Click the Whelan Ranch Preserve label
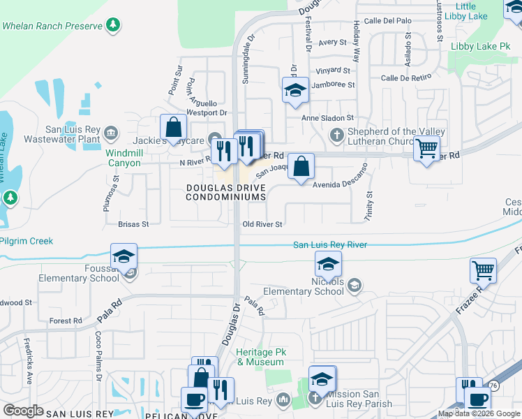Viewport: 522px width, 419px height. click(x=52, y=26)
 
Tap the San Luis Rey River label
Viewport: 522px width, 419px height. click(x=330, y=244)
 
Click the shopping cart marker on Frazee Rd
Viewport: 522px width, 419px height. click(x=483, y=270)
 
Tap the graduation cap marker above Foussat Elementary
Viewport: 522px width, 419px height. click(x=124, y=256)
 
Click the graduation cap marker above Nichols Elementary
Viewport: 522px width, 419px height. click(x=327, y=264)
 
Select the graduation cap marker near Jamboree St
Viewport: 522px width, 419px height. click(x=295, y=90)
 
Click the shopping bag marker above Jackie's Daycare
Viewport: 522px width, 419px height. click(x=172, y=128)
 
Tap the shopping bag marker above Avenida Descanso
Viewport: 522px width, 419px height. click(x=301, y=167)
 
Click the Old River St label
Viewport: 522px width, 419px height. click(x=262, y=224)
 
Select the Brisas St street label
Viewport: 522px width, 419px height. click(x=134, y=224)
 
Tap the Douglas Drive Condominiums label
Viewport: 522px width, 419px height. click(x=226, y=192)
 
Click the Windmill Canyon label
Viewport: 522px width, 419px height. click(x=123, y=158)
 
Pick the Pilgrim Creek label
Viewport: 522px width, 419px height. click(x=26, y=241)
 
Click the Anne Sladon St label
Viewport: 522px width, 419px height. click(x=327, y=118)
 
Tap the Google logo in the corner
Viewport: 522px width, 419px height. click(x=23, y=410)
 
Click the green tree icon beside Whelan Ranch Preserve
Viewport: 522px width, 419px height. click(x=113, y=26)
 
